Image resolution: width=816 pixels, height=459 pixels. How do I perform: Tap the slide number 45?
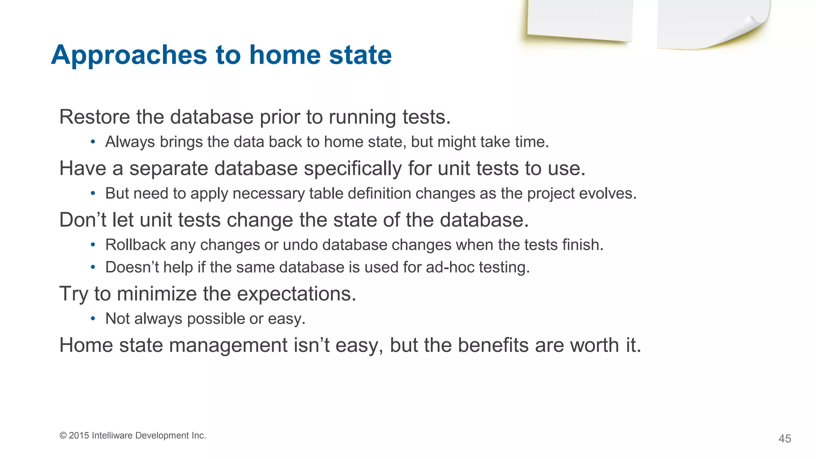tap(785, 439)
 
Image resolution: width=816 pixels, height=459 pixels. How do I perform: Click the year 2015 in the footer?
tap(79, 435)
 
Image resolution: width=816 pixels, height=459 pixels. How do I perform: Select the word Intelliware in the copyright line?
tap(112, 435)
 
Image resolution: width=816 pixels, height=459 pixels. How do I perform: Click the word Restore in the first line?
tap(94, 117)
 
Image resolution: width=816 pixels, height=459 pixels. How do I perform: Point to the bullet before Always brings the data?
tap(92, 142)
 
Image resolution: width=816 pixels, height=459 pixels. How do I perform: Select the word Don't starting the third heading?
tap(82, 220)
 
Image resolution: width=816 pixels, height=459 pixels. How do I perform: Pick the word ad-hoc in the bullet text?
tap(450, 267)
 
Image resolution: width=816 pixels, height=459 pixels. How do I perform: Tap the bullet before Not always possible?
tap(92, 319)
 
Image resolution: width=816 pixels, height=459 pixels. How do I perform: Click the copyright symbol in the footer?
tap(63, 435)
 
